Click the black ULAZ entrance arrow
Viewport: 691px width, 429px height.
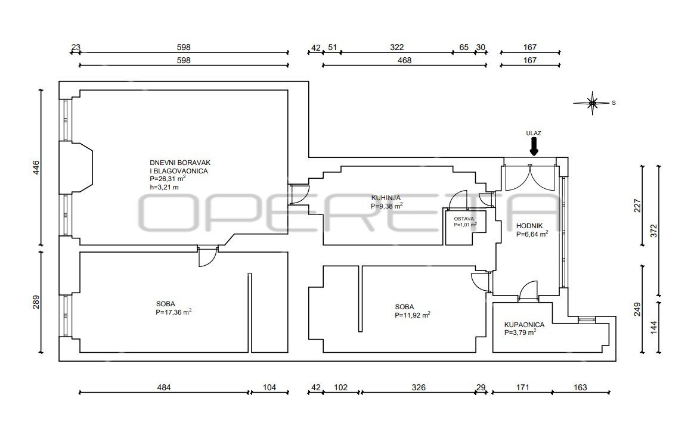(534, 147)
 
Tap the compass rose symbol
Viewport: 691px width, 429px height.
(593, 103)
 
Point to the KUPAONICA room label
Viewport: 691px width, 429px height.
(525, 325)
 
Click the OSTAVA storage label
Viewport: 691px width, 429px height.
(464, 219)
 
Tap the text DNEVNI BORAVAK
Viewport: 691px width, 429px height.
(180, 163)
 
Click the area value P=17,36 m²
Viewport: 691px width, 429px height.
(173, 312)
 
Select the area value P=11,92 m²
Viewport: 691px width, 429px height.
(413, 315)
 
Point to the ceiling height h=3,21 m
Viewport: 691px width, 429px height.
(165, 187)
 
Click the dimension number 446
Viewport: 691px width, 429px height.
(36, 167)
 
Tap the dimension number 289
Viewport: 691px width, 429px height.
(36, 301)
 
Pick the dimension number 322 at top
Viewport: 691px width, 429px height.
(396, 47)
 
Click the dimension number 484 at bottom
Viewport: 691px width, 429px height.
(164, 388)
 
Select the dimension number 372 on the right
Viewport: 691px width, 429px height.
(653, 231)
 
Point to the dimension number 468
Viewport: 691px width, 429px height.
(404, 60)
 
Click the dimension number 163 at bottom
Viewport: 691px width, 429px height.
(580, 388)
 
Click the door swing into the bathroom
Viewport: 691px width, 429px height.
(528, 291)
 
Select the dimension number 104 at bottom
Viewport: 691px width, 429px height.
(269, 388)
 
